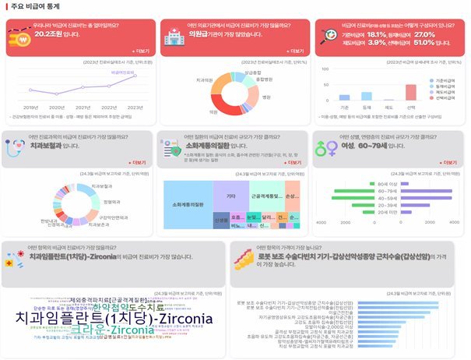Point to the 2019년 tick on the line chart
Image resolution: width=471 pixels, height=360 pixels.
point(30,107)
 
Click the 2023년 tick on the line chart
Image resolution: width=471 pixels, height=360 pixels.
point(134,107)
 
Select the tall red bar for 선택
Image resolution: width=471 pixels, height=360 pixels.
point(410,91)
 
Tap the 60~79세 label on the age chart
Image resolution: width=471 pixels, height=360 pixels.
point(387,190)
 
